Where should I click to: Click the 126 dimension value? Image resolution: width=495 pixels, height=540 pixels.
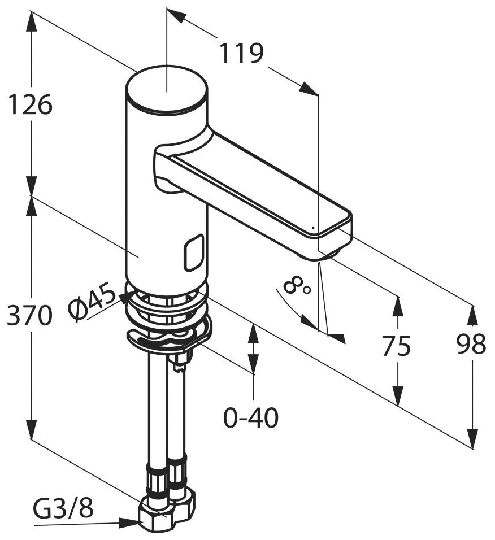[x=30, y=105]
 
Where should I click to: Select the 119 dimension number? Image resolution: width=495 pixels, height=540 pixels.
[x=241, y=54]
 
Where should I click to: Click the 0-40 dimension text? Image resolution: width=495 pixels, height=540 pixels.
[x=251, y=418]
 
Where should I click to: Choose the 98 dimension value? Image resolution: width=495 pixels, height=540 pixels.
[x=471, y=345]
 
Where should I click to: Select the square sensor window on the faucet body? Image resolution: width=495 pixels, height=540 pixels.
[x=193, y=252]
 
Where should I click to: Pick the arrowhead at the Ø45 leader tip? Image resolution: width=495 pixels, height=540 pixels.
[x=123, y=299]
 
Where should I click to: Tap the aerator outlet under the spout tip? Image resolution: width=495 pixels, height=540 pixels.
[x=329, y=255]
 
